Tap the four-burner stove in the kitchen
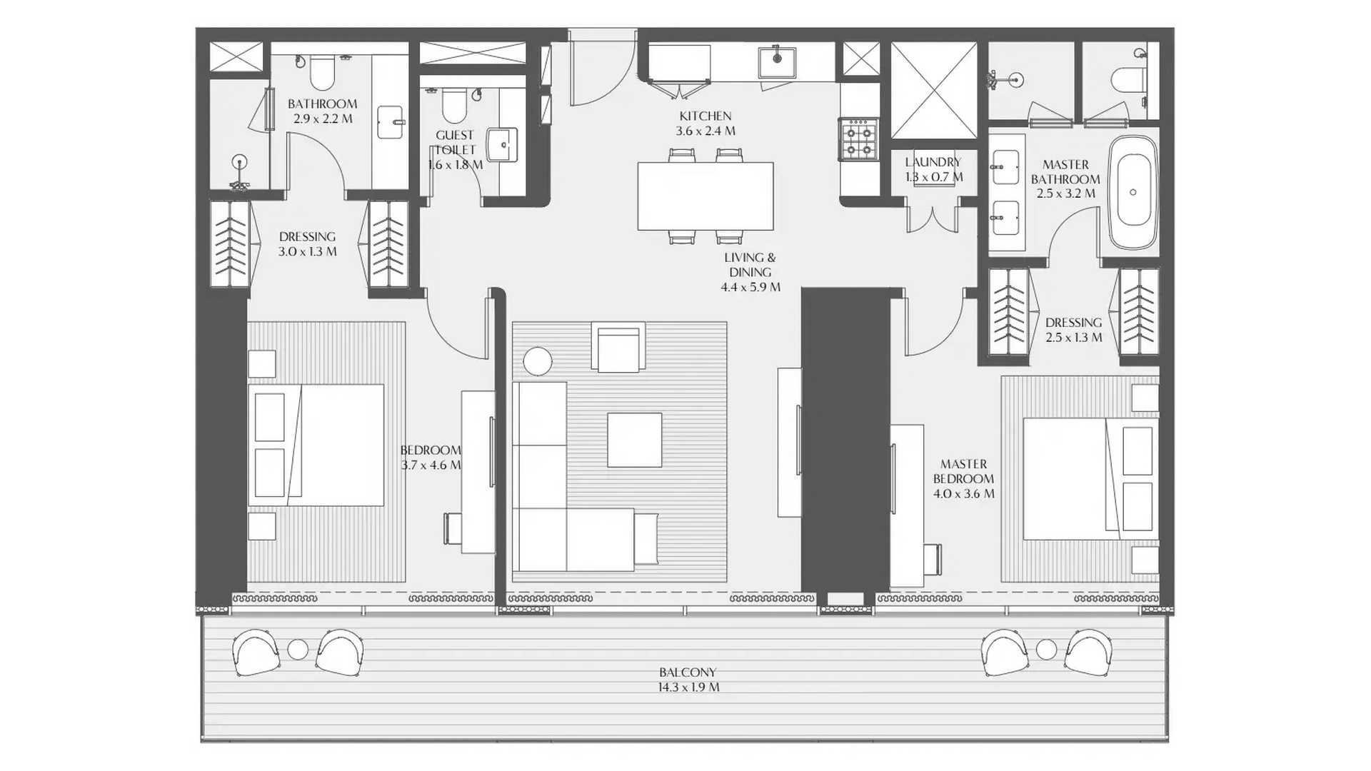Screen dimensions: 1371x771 click(859, 140)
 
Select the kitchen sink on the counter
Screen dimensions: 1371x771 click(777, 60)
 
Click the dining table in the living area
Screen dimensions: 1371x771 click(705, 196)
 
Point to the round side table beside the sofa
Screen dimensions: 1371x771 click(537, 361)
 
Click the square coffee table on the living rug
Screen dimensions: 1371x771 click(635, 440)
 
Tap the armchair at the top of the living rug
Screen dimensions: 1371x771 click(618, 347)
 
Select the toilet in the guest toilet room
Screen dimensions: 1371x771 click(453, 106)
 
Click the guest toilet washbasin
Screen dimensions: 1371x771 click(503, 146)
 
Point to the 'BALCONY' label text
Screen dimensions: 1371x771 click(687, 672)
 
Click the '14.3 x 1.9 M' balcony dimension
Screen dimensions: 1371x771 click(688, 687)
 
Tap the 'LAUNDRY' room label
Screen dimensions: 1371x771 click(933, 162)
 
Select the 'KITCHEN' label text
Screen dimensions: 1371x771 click(705, 116)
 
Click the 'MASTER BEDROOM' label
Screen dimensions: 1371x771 click(963, 471)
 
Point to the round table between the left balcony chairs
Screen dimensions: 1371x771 click(298, 650)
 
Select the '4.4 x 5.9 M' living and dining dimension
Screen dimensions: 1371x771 click(750, 288)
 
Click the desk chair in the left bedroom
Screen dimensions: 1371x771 click(454, 528)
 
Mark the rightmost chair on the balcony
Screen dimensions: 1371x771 click(1088, 652)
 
